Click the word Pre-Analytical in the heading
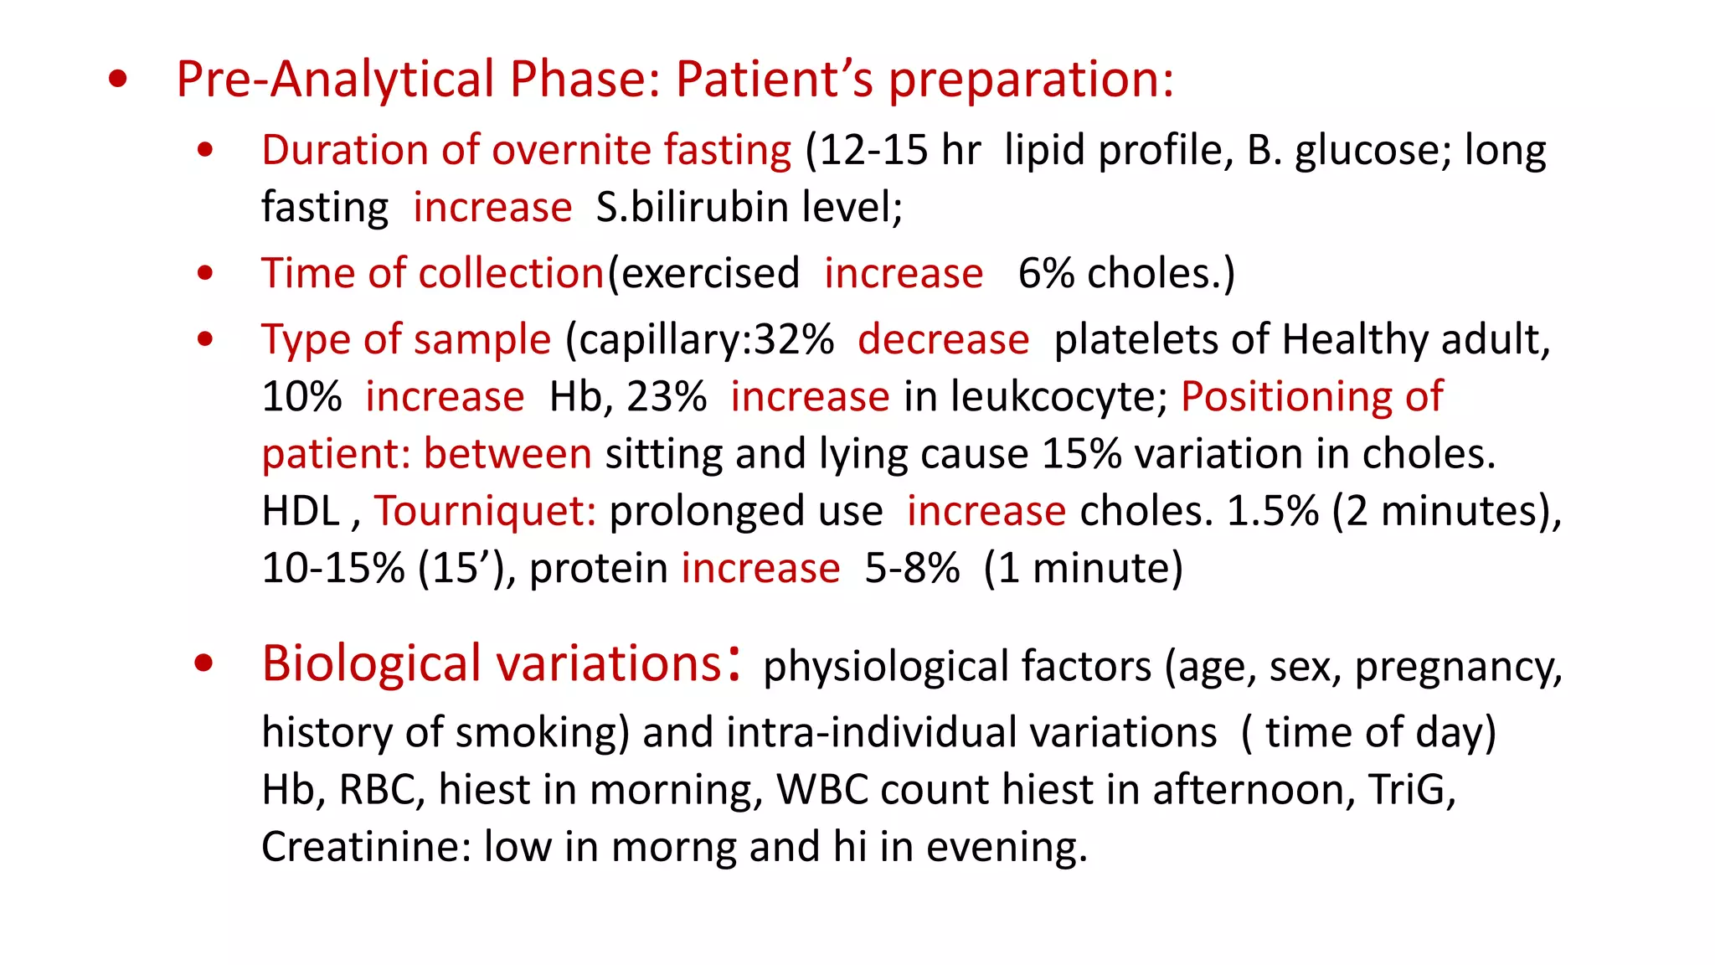335,80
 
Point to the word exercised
710,274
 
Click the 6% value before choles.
1046,274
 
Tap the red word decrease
943,340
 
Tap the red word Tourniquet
485,511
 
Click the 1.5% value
1273,511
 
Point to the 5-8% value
912,569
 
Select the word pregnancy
1458,668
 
